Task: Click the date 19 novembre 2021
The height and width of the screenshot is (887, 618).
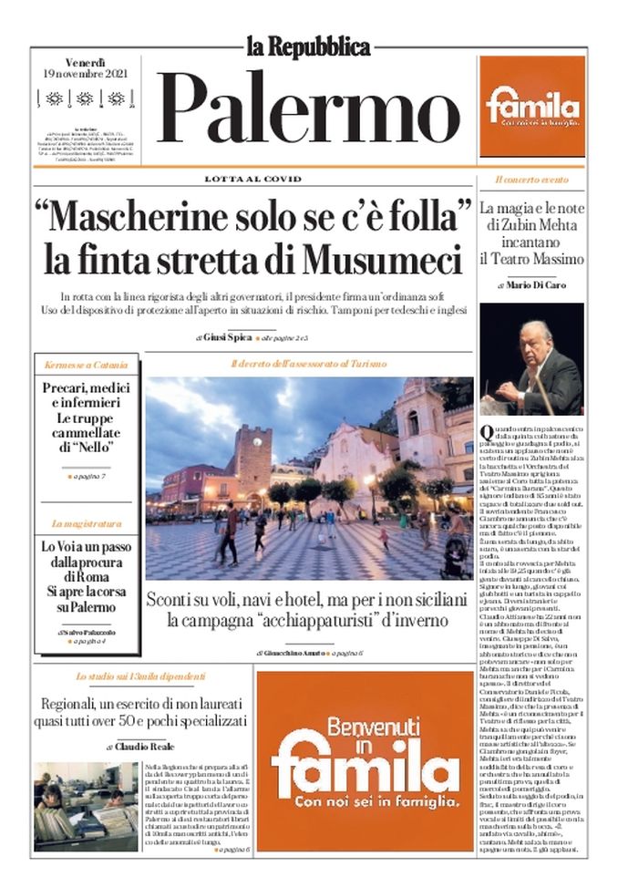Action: point(85,73)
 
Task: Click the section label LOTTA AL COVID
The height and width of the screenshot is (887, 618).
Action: point(252,179)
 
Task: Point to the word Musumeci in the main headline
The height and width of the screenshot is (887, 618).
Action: point(382,260)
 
